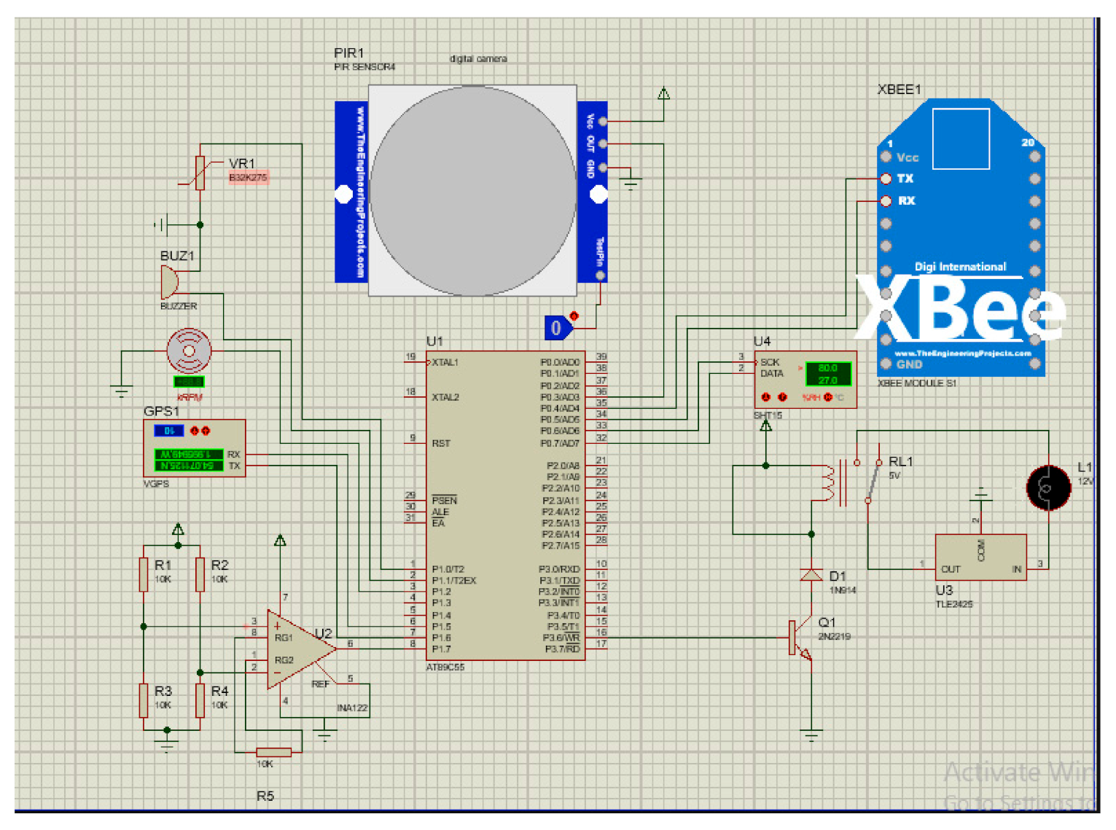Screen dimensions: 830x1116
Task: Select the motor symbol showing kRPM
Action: [189, 351]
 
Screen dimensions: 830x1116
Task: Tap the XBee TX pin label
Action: [905, 179]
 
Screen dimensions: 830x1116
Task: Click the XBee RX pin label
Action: [906, 200]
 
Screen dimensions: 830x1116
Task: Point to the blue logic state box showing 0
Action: [557, 328]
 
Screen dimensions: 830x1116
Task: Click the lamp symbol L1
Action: [1048, 488]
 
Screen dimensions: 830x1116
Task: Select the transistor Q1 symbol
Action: [800, 638]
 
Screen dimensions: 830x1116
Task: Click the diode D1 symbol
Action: [811, 575]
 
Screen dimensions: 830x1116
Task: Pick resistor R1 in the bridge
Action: [144, 573]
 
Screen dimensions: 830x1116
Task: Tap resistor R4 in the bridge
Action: [200, 700]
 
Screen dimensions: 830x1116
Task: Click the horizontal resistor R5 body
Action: [273, 751]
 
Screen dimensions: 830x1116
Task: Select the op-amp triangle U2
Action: [297, 649]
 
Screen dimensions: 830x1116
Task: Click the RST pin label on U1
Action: [441, 443]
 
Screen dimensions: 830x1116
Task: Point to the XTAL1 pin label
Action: [445, 362]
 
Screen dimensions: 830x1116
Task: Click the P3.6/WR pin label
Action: [561, 638]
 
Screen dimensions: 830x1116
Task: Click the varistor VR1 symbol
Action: [200, 173]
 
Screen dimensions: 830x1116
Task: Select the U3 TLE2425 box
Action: [980, 557]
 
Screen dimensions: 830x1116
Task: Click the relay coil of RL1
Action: [828, 482]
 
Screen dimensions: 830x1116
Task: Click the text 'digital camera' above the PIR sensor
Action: [477, 58]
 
